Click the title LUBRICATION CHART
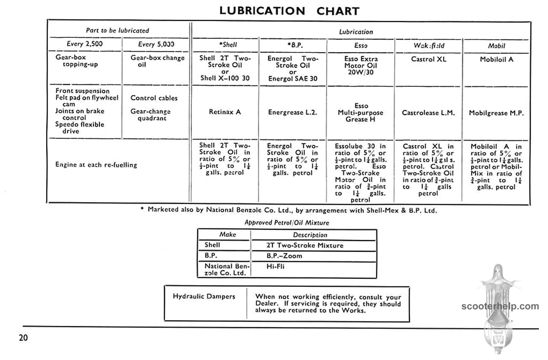[289, 11]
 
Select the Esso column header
[361, 46]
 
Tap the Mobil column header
[496, 46]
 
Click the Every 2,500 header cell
[85, 44]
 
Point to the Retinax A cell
[225, 112]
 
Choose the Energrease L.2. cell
[292, 112]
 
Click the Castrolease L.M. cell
[428, 112]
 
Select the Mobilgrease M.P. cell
[496, 113]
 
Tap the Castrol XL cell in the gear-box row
[428, 59]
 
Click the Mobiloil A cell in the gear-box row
[496, 59]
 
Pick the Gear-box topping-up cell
[77, 61]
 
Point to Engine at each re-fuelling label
[96, 164]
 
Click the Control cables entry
[154, 98]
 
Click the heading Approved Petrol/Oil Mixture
[287, 222]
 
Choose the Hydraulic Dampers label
[204, 296]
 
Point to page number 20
[24, 338]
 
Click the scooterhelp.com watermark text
[500, 307]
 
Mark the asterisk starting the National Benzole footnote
[142, 209]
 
